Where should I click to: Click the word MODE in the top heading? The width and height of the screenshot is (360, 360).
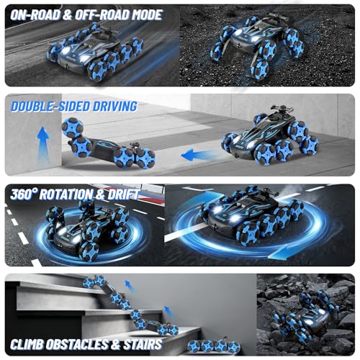pyautogui.click(x=147, y=15)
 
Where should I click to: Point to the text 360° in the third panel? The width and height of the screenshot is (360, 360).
pyautogui.click(x=24, y=194)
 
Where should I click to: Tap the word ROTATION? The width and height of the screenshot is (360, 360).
pyautogui.click(x=66, y=194)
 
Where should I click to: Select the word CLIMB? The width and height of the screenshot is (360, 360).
pyautogui.click(x=27, y=344)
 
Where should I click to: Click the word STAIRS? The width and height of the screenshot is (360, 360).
pyautogui.click(x=143, y=344)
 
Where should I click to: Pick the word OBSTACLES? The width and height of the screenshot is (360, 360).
pyautogui.click(x=77, y=344)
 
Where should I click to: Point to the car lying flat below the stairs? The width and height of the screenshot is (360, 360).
pyautogui.click(x=214, y=346)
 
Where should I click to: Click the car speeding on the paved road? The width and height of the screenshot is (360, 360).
pyautogui.click(x=96, y=52)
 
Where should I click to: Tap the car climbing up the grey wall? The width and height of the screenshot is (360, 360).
pyautogui.click(x=108, y=144)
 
